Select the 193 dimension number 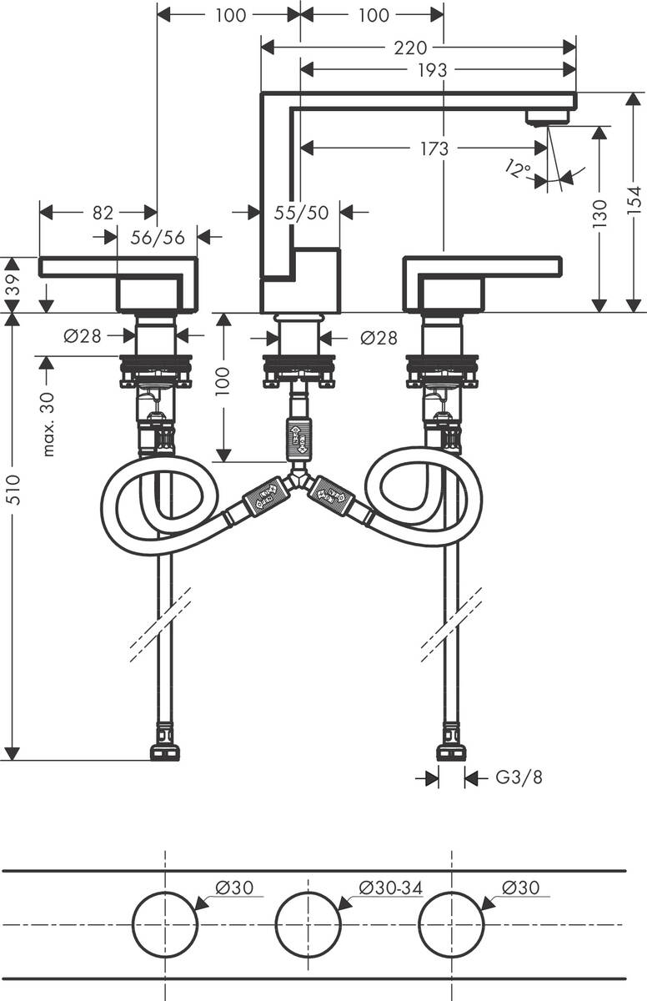(432, 71)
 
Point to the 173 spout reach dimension (434, 148)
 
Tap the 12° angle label (517, 171)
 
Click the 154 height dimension (634, 202)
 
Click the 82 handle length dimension (103, 214)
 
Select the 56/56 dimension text (158, 238)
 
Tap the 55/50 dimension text (301, 214)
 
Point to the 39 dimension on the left (12, 284)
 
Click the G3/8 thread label (519, 778)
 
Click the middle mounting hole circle (308, 924)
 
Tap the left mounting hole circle (165, 924)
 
